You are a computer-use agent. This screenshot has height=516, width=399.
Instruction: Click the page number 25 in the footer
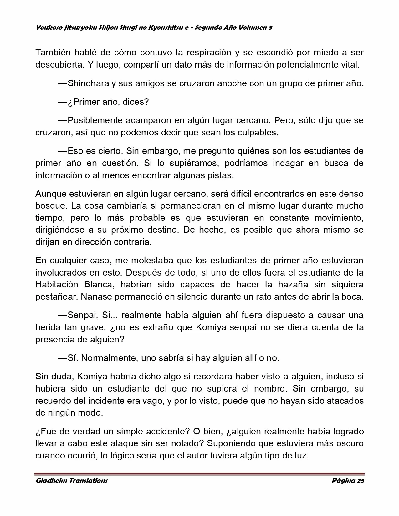360,481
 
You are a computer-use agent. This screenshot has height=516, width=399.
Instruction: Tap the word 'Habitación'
57,285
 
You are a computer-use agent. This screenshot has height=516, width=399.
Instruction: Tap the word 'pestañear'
57,297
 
